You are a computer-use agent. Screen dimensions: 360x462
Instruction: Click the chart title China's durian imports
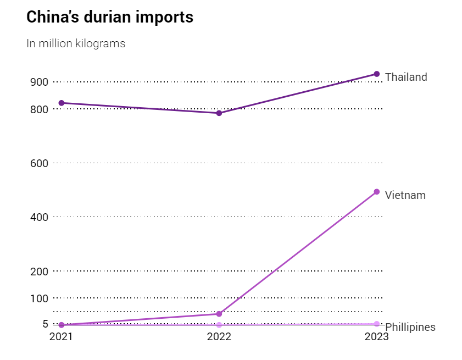(x=110, y=17)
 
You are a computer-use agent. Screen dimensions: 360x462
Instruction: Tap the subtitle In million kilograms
(x=76, y=43)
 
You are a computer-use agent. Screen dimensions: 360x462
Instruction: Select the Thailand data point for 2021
(x=62, y=103)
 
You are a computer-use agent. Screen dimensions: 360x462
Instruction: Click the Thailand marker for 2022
(x=219, y=113)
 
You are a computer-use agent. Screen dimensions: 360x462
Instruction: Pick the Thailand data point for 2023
(x=377, y=74)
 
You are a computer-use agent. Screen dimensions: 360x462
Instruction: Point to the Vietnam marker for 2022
(x=219, y=314)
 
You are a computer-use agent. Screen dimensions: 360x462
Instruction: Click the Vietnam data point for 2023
(x=377, y=192)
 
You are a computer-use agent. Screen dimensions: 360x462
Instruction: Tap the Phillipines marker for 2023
(x=377, y=324)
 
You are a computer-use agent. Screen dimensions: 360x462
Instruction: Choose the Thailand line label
(x=406, y=77)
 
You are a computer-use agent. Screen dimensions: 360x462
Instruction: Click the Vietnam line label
(x=405, y=195)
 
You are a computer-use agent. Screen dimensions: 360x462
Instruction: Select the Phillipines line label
(x=410, y=328)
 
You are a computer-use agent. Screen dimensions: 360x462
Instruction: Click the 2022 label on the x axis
(x=219, y=337)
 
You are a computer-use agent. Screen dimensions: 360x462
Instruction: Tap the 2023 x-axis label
(x=377, y=337)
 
